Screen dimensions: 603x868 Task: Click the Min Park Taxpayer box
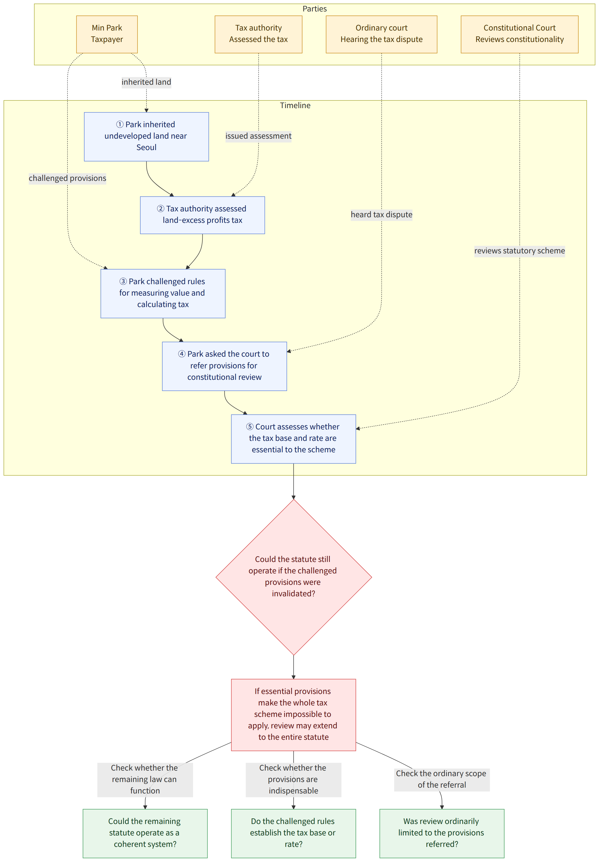[x=107, y=34]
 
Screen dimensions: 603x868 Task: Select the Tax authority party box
[x=258, y=34]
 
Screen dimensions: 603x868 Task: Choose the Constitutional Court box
[x=519, y=34]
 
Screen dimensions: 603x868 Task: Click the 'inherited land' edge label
[x=146, y=82]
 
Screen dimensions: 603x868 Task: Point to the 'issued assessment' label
[x=258, y=136]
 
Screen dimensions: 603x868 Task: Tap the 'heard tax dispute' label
[x=382, y=215]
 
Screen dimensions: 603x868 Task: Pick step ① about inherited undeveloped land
[x=146, y=137]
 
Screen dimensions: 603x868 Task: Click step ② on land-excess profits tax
[x=202, y=215]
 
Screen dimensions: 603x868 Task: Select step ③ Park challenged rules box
[x=163, y=294]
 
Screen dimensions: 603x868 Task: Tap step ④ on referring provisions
[x=224, y=366]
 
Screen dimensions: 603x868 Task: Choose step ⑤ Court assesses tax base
[x=294, y=439]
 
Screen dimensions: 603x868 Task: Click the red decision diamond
[x=294, y=577]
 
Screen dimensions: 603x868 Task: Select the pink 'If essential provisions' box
[x=294, y=715]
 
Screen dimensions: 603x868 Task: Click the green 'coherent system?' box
[x=145, y=833]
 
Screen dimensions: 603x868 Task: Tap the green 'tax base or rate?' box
[x=294, y=833]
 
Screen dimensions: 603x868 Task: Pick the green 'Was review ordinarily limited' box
[x=442, y=833]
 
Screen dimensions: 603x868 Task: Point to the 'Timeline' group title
[x=295, y=106]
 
